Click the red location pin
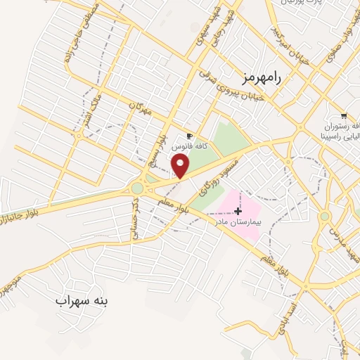(x=181, y=165)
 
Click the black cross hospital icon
(x=238, y=210)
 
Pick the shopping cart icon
(x=343, y=116)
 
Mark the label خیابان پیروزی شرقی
(x=231, y=85)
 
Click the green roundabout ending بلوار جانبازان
(x=137, y=188)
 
